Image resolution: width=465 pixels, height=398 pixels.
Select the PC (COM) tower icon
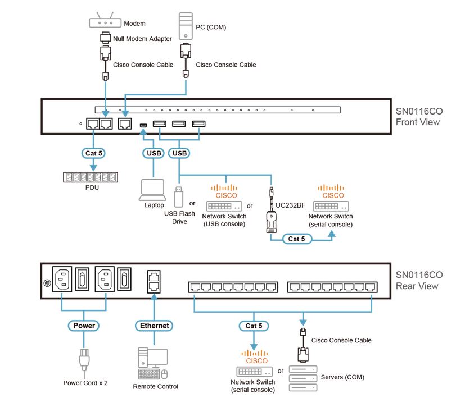pos(186,26)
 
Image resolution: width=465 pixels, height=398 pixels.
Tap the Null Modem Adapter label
pos(142,39)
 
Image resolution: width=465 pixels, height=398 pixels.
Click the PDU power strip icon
pos(91,177)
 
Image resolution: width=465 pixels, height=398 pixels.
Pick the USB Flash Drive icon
pos(178,195)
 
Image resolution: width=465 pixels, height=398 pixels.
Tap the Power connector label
pos(84,325)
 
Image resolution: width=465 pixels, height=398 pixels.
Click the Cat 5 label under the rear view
pos(253,325)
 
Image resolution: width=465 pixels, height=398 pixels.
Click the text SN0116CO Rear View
pos(419,280)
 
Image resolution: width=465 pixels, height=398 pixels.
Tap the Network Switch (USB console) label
pos(223,220)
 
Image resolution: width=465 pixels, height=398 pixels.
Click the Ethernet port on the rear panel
pos(153,280)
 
